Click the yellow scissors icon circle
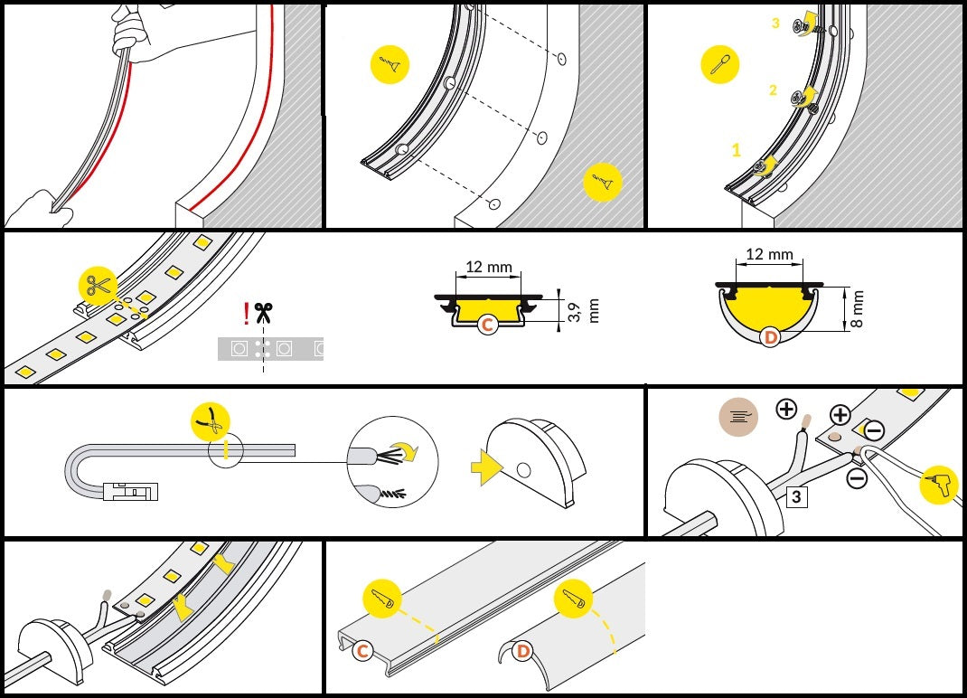coord(99,287)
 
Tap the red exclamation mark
coord(247,314)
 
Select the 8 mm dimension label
coord(858,309)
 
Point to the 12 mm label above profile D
coord(769,254)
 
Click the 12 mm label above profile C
coord(488,267)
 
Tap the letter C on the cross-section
coord(487,325)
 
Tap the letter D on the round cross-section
coord(770,337)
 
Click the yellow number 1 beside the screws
coord(736,150)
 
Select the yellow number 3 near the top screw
coord(775,23)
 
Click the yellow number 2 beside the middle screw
coord(773,90)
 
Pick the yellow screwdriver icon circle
coord(720,64)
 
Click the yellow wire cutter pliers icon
coord(211,422)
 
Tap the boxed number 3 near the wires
coord(796,496)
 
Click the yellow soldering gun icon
coord(938,484)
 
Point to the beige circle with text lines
coord(738,417)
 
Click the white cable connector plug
coord(131,491)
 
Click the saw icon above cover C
coord(383,599)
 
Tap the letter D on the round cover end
coord(523,650)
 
